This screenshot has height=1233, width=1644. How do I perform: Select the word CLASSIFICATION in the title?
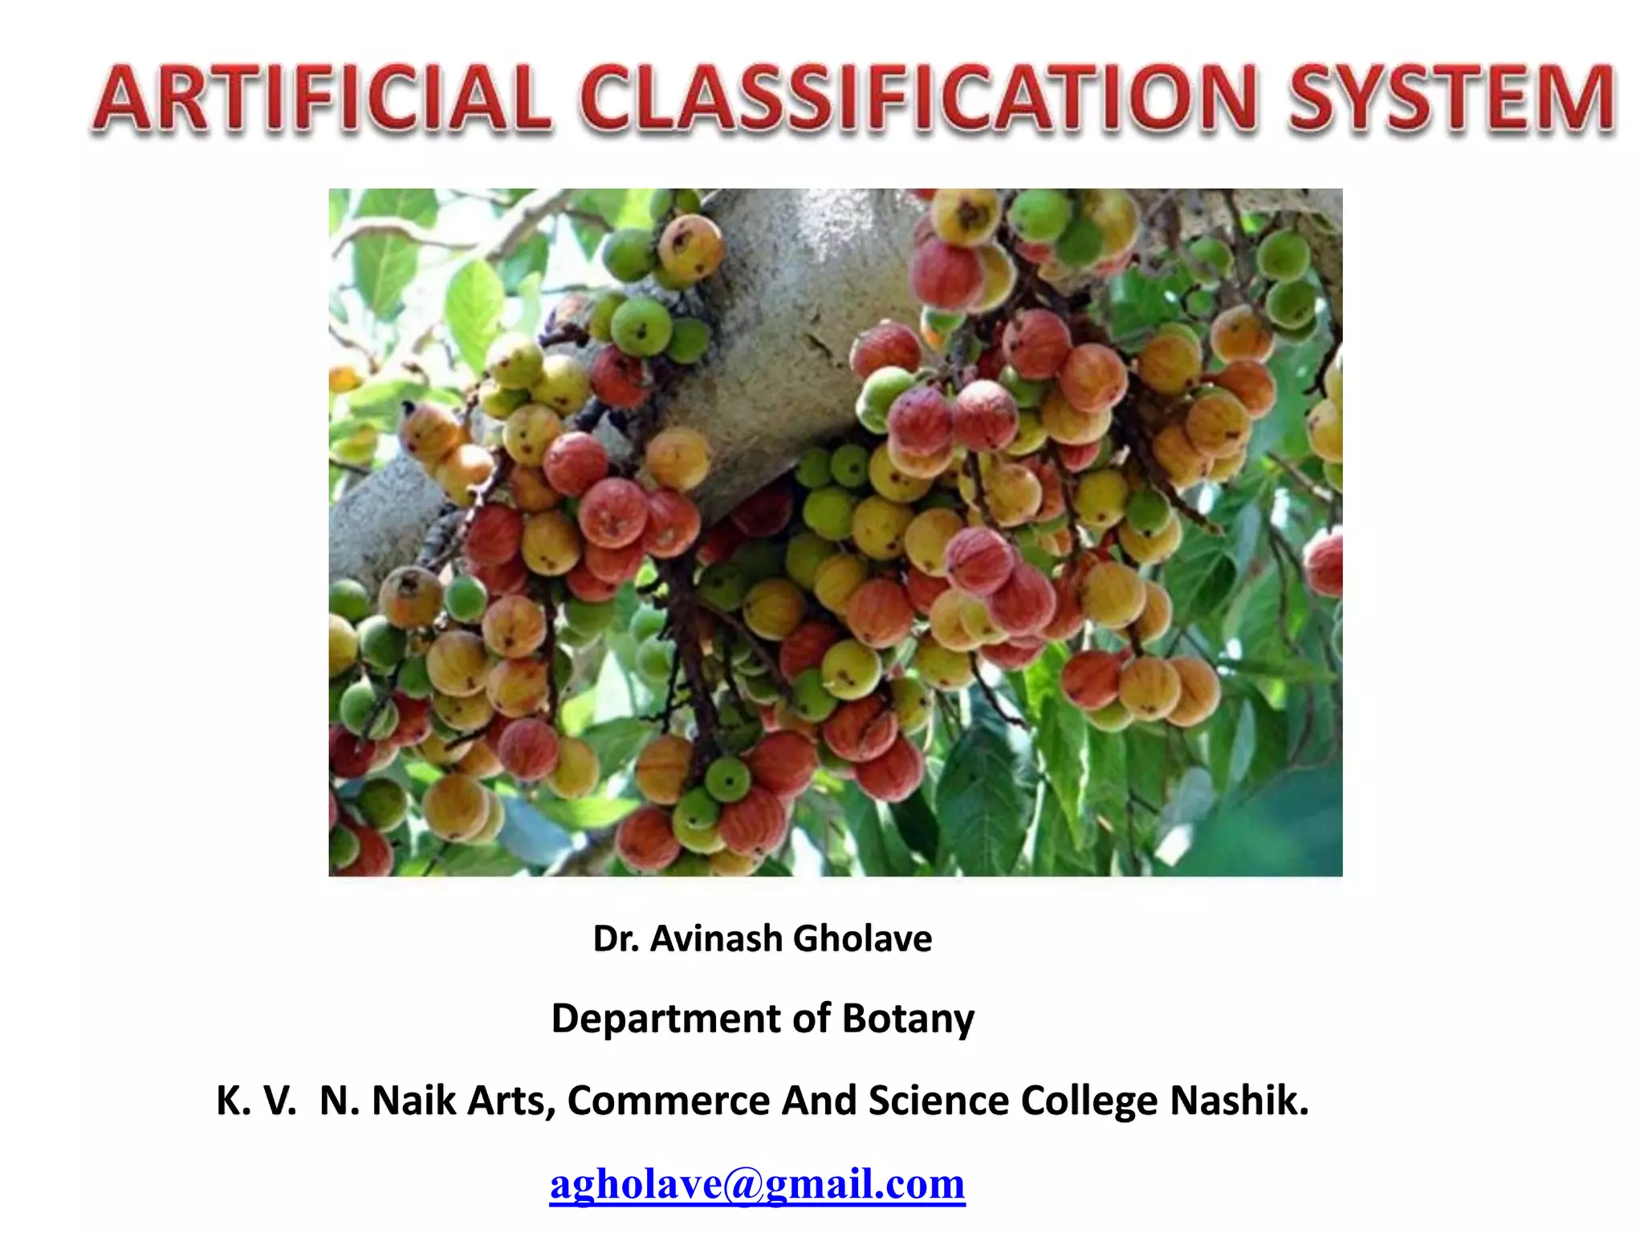pyautogui.click(x=918, y=100)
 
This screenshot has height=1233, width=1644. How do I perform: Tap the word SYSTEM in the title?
pyautogui.click(x=1451, y=100)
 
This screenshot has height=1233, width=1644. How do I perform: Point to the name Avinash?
pyautogui.click(x=716, y=938)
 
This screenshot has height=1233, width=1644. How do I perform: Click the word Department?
pyautogui.click(x=665, y=1019)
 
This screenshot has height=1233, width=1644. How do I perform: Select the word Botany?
pyautogui.click(x=908, y=1019)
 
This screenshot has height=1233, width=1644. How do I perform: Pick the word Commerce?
pyautogui.click(x=669, y=1101)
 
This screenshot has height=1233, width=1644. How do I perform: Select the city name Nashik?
pyautogui.click(x=1239, y=1101)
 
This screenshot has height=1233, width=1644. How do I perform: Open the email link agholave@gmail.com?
pyautogui.click(x=757, y=1184)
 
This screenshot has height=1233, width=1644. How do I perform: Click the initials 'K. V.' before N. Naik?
pyautogui.click(x=256, y=1101)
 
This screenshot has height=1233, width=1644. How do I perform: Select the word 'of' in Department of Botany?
pyautogui.click(x=811, y=1019)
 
